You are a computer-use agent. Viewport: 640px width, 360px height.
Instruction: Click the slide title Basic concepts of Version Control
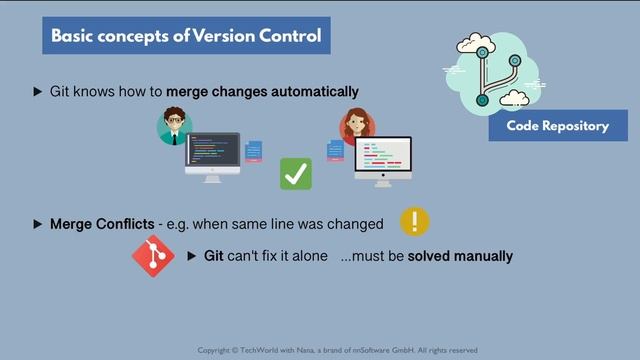tap(186, 37)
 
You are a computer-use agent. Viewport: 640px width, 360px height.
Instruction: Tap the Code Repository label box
tap(558, 126)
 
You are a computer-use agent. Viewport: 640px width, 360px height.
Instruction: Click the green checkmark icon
tap(295, 173)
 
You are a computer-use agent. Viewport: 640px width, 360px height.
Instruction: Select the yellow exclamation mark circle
tap(414, 221)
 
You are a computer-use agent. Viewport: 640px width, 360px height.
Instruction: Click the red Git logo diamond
tap(153, 256)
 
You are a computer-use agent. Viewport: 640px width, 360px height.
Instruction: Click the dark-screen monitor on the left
tap(212, 156)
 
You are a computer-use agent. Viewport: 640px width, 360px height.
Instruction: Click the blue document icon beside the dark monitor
tap(254, 150)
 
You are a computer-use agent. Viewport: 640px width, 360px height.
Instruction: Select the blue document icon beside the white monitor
tap(335, 150)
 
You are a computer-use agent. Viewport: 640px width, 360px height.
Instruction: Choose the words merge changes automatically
tap(262, 92)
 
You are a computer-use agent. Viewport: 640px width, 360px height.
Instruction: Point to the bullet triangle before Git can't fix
tap(193, 256)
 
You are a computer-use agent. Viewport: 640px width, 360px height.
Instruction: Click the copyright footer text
tap(337, 350)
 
